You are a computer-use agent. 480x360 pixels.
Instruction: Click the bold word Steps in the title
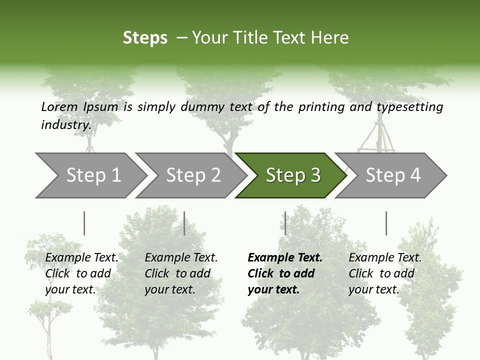pos(145,37)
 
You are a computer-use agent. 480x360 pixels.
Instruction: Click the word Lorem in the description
pos(59,106)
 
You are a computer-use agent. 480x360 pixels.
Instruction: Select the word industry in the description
pos(66,124)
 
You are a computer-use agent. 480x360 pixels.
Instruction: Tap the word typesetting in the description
pos(409,106)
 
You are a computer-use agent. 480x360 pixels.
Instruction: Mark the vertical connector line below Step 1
pos(84,223)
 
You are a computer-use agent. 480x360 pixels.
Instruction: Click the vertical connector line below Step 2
pos(184,223)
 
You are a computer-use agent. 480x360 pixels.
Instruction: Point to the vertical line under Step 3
pos(285,223)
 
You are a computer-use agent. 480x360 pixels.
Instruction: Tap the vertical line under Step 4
pos(386,223)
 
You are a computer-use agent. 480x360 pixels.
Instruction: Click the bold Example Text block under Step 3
pos(285,273)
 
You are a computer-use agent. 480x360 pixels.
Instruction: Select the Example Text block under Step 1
pos(81,273)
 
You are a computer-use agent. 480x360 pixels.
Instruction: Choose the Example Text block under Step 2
pos(181,273)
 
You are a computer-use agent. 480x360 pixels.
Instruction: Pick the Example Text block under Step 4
pos(385,273)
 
